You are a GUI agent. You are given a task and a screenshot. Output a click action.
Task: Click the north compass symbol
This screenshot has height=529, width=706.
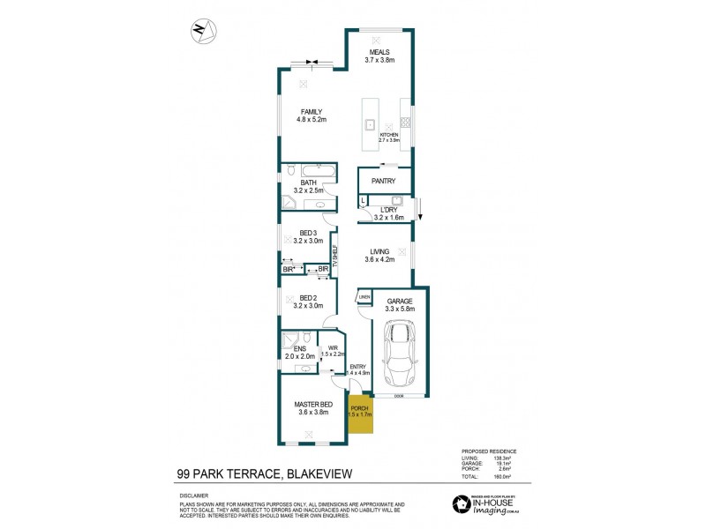pyautogui.click(x=202, y=29)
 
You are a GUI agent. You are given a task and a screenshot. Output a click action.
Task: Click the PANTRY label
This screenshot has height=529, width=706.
pyautogui.click(x=383, y=181)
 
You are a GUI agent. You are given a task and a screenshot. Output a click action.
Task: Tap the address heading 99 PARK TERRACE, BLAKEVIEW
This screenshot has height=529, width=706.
pyautogui.click(x=261, y=474)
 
